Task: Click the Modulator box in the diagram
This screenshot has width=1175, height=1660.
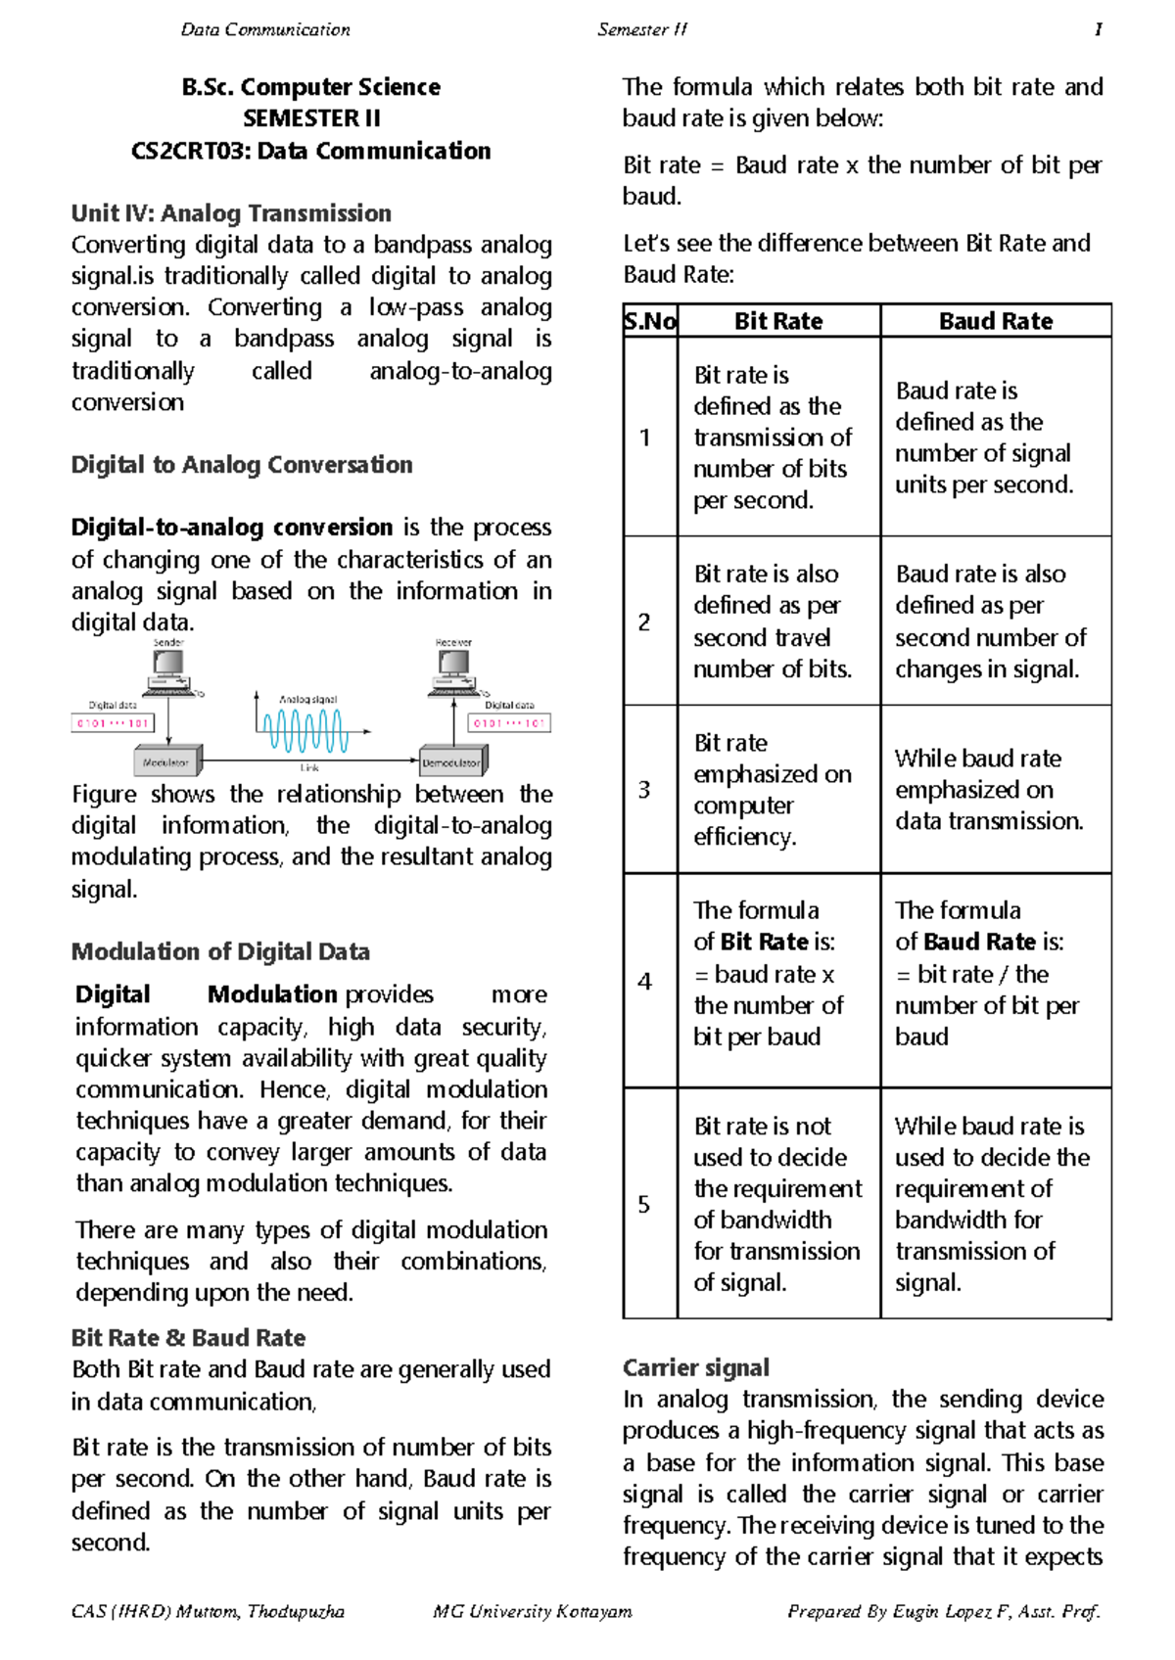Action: coord(166,761)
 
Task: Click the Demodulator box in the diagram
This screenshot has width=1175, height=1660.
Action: coord(451,761)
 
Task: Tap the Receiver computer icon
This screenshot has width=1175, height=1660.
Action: coord(453,670)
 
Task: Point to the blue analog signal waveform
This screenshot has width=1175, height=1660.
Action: coord(305,730)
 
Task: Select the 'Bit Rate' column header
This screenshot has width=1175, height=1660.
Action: coord(778,321)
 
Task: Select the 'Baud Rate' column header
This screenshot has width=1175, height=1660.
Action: coord(995,321)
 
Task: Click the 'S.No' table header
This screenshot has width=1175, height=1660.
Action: coord(650,321)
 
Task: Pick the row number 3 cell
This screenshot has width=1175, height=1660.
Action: coord(644,789)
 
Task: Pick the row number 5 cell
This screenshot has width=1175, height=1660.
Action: coord(644,1203)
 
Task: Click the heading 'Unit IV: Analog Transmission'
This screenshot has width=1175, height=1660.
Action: coord(231,212)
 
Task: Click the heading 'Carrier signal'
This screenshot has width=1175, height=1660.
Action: coord(695,1366)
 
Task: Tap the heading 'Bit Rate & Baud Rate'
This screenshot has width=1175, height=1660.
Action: coord(188,1337)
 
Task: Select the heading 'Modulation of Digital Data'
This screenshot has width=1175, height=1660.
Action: coord(220,951)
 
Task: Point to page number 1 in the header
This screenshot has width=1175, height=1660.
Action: coord(1098,29)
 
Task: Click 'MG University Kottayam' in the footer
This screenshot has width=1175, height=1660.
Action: coord(532,1611)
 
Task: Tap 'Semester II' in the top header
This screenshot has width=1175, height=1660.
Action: coord(642,29)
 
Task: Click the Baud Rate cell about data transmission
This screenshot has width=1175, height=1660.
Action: coord(989,789)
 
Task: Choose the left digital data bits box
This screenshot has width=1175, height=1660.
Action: coord(112,723)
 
